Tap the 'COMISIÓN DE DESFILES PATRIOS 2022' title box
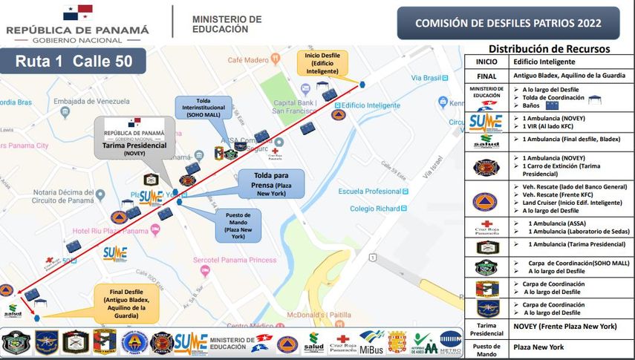(x=508, y=23)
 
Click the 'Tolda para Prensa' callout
(x=271, y=183)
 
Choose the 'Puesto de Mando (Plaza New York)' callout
(x=237, y=226)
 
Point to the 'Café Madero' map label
(x=247, y=60)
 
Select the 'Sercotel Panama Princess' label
(x=235, y=261)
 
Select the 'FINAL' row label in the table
(x=486, y=76)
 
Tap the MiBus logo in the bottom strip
(x=371, y=342)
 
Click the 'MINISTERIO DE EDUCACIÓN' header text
(x=227, y=24)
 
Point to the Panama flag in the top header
(x=77, y=13)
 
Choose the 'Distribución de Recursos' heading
(x=549, y=49)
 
